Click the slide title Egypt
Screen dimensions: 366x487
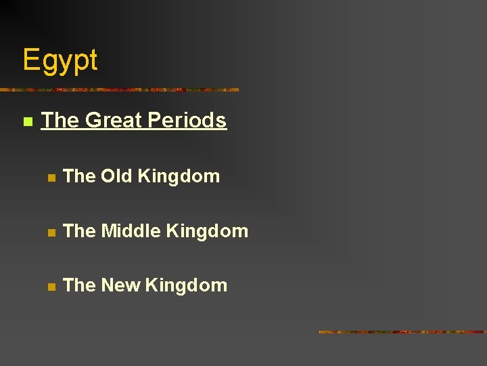60,61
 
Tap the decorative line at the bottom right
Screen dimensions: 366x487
402,332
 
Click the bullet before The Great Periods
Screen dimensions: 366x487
27,122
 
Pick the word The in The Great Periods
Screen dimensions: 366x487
60,121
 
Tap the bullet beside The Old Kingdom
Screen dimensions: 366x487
50,178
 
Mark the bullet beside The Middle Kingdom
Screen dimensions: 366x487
50,232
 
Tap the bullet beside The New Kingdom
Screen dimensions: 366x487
50,287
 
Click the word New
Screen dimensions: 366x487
121,285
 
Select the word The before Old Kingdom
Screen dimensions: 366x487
79,176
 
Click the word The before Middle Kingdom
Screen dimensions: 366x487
79,231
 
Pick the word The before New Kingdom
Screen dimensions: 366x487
79,285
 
